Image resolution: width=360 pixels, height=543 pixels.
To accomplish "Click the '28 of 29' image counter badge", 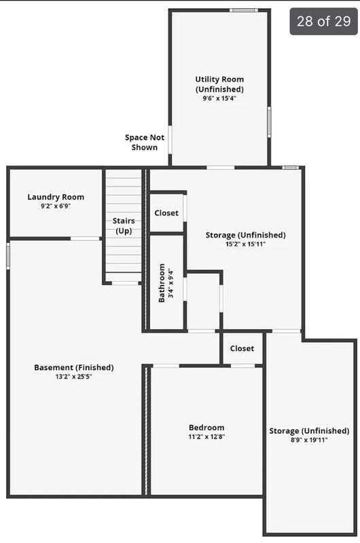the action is [x=323, y=22].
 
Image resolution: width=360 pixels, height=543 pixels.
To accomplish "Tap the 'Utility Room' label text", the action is [x=219, y=79].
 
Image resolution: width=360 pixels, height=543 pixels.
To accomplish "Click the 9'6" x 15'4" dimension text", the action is [x=219, y=98].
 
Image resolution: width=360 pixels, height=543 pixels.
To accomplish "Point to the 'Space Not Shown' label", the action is [x=145, y=143].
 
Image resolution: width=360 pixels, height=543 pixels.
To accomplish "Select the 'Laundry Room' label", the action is [x=56, y=197].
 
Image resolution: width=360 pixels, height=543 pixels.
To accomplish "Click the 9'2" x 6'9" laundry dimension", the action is [x=56, y=206].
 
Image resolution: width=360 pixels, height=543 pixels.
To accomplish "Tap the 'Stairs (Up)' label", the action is [x=124, y=226].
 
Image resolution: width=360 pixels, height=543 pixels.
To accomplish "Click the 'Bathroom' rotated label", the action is [x=162, y=283].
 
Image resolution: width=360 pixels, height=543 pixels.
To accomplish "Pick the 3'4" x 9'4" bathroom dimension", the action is [x=170, y=283].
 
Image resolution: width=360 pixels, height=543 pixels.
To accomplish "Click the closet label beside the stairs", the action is [x=166, y=213].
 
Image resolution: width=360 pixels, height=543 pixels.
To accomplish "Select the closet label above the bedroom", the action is [x=242, y=348].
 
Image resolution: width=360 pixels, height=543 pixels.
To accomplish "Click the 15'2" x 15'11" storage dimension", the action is [x=246, y=244].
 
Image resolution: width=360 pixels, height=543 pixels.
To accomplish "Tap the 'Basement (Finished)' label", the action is [x=74, y=367].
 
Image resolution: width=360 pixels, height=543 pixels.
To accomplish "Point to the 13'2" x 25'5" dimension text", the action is [x=74, y=377].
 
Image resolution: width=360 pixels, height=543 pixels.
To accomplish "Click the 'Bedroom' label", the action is [x=206, y=428].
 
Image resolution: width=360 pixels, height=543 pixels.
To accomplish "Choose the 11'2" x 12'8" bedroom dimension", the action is [x=206, y=436].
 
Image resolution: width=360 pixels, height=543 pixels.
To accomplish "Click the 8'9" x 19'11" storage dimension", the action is [x=309, y=440].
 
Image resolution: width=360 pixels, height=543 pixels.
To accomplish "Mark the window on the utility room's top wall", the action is [x=244, y=10].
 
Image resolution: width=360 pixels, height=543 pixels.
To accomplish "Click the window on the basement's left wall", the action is [x=8, y=256].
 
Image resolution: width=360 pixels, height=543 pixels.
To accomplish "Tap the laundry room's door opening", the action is [x=85, y=239].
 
